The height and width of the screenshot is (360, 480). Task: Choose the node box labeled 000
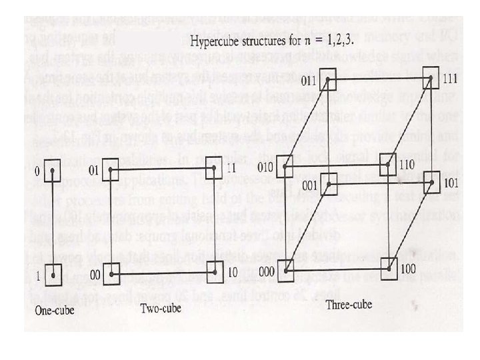click(285, 269)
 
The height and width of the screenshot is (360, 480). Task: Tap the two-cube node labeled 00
click(111, 271)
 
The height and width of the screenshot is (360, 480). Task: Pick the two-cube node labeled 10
click(214, 271)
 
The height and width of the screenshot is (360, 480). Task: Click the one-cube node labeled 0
click(53, 170)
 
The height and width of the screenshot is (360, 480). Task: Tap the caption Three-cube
click(349, 305)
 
